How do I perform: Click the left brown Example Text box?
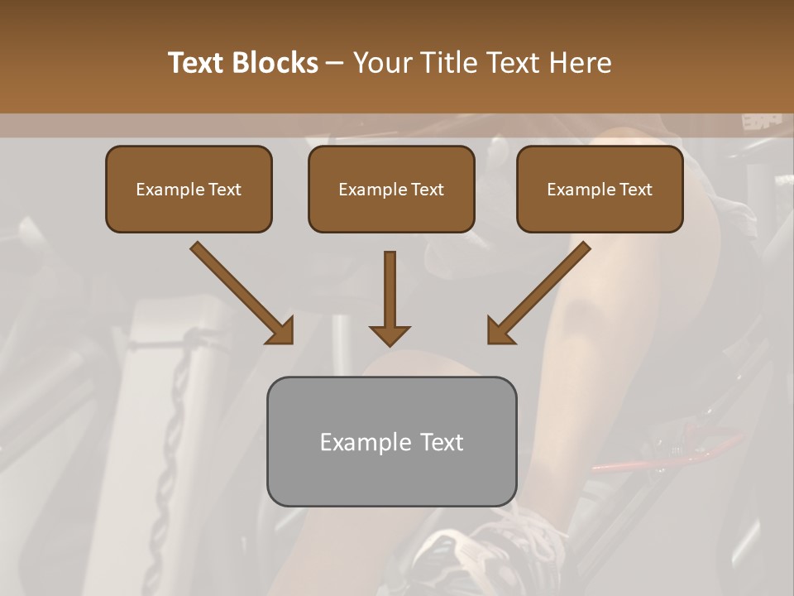[x=189, y=189]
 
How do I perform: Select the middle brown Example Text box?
[x=391, y=189]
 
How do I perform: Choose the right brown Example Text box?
[x=600, y=189]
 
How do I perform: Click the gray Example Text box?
[x=391, y=441]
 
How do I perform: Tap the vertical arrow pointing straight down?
[x=390, y=294]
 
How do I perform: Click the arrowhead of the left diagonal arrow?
[x=281, y=331]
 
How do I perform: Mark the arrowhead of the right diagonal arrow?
[x=500, y=331]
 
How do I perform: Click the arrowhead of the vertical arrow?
[x=390, y=334]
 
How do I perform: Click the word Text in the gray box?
[x=441, y=442]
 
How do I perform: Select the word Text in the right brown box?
[x=636, y=190]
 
